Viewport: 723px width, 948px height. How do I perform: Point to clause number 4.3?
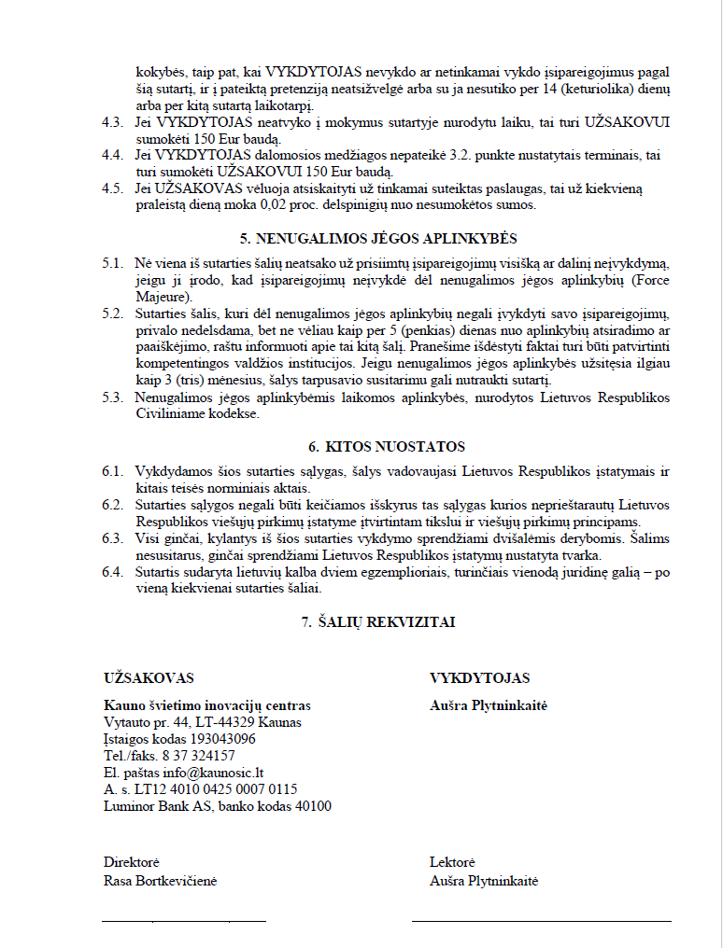coord(112,123)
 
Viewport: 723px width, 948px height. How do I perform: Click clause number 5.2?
coord(112,310)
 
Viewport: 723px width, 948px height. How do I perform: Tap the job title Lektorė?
coord(453,863)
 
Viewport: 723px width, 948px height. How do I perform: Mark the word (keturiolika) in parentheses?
coord(587,89)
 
